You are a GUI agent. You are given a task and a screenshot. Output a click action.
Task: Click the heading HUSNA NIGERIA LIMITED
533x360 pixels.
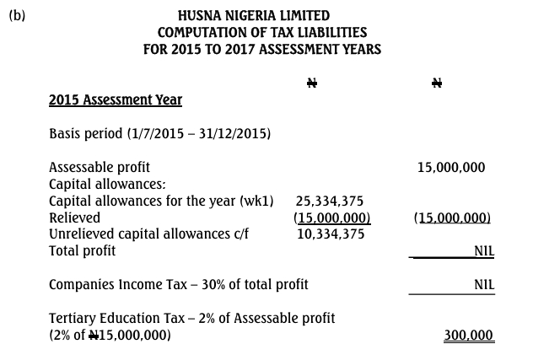tap(254, 15)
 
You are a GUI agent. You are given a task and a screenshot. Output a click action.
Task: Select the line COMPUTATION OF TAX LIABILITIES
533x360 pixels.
tap(254, 32)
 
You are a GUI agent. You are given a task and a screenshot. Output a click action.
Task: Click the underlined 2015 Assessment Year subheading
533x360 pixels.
tap(116, 100)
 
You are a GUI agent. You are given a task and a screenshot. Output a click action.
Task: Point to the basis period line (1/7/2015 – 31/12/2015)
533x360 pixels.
tap(159, 134)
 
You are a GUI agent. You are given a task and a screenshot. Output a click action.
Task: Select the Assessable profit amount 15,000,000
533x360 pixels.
tap(451, 167)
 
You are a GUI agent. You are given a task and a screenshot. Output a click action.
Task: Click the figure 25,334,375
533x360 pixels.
tap(330, 201)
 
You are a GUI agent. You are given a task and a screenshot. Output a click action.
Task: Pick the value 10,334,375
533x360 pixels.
tap(331, 234)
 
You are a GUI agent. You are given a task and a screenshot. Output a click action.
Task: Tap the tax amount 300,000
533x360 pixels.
tap(468, 336)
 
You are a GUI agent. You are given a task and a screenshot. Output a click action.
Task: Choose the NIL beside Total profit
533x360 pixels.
tap(483, 250)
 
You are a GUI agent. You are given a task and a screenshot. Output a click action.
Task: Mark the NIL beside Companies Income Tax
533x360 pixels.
tap(483, 284)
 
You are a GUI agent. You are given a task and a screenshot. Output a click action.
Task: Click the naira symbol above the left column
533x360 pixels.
tap(310, 83)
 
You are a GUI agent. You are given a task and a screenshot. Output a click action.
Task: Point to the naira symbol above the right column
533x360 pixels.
tap(436, 83)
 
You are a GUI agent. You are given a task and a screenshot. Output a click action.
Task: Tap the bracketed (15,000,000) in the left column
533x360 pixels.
tap(331, 218)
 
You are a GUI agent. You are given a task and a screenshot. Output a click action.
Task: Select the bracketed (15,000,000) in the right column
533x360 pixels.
tap(452, 218)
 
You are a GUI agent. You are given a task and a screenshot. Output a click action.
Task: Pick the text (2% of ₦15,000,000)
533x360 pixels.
tap(110, 336)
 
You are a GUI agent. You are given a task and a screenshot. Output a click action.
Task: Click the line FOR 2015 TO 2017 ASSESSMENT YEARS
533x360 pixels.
tap(262, 49)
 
